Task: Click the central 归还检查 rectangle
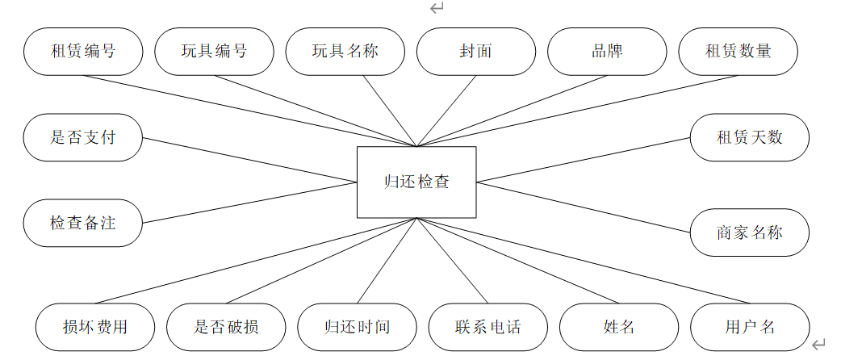(x=416, y=182)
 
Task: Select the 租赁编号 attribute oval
(x=83, y=51)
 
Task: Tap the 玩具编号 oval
(x=214, y=51)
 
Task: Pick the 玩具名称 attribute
(x=345, y=51)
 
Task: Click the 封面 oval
(x=475, y=51)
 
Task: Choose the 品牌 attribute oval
(x=607, y=51)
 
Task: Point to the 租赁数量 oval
(x=738, y=51)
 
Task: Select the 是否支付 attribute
(x=83, y=136)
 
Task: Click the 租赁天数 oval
(x=750, y=136)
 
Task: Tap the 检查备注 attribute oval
(x=83, y=223)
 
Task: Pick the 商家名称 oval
(x=750, y=233)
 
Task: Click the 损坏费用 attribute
(x=95, y=327)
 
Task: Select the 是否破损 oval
(x=226, y=327)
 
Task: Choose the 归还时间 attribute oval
(x=357, y=327)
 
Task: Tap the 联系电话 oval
(x=487, y=327)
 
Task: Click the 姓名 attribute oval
(x=619, y=327)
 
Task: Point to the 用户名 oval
(x=750, y=327)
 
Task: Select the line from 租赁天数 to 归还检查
(x=583, y=159)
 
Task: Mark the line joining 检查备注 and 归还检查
(x=250, y=202)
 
